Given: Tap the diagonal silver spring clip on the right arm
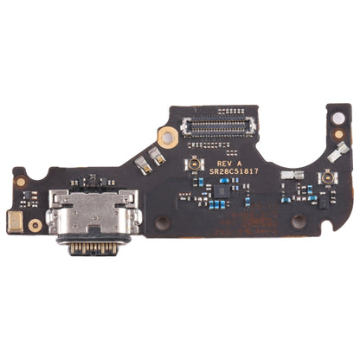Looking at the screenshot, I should click(x=332, y=156).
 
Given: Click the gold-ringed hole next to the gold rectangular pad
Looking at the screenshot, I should click(x=35, y=225).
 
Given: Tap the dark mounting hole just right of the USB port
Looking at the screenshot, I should click(x=162, y=222).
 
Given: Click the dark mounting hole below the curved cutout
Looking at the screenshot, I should click(x=299, y=222).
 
